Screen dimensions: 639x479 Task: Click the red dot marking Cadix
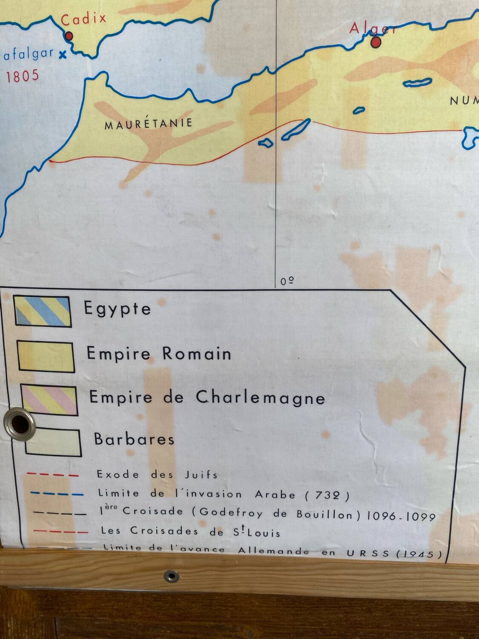(x=69, y=36)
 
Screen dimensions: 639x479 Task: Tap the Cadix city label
(x=83, y=19)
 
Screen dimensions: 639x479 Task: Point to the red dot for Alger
(x=376, y=42)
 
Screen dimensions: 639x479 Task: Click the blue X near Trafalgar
(x=63, y=54)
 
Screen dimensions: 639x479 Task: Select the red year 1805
(x=23, y=76)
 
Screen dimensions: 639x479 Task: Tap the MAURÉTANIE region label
(x=148, y=124)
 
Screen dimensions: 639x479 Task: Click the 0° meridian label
(x=287, y=281)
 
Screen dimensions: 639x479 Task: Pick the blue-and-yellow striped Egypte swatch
(x=43, y=311)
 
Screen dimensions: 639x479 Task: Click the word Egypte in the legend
(x=118, y=308)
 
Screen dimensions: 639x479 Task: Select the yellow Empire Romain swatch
(x=46, y=357)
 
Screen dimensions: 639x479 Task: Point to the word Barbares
(x=134, y=439)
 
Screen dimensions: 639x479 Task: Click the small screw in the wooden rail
(x=172, y=576)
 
